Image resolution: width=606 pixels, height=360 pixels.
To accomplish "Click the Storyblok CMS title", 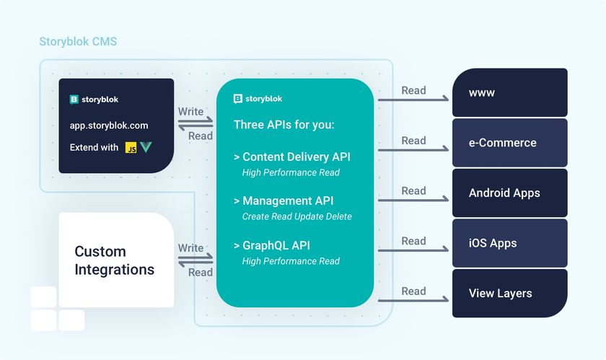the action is tap(78, 41).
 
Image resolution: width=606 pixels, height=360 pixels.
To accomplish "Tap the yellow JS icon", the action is tap(131, 148).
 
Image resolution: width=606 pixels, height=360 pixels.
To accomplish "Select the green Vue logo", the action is tap(146, 147).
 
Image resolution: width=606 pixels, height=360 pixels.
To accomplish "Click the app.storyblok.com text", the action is tap(109, 126).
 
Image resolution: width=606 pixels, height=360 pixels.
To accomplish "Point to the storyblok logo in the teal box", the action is tap(258, 99).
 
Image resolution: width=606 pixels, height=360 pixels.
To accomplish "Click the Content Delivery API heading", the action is tap(292, 157).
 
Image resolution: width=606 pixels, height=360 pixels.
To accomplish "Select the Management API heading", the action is tap(284, 201).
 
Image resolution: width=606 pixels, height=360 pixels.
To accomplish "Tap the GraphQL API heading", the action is tap(272, 245).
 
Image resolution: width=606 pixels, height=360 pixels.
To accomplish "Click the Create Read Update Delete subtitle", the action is tap(297, 216).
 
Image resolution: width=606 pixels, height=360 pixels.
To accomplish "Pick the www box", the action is tap(510, 92).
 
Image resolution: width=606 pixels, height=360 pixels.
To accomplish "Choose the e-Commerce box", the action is tap(510, 143).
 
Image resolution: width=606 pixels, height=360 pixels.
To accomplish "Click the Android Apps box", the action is tap(510, 193).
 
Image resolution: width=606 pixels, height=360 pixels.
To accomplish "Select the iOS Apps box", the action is tap(510, 243).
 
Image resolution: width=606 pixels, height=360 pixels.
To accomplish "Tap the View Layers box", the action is tap(510, 294).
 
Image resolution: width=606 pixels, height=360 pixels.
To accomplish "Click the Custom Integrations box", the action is tap(116, 260).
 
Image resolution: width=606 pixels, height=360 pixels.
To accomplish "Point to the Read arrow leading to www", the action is tap(413, 100).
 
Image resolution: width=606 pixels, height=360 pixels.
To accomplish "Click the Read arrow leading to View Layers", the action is tap(413, 300).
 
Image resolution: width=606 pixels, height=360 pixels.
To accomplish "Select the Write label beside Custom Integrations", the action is tap(190, 248).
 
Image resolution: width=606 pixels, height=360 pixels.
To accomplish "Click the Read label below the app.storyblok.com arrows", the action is tap(201, 136).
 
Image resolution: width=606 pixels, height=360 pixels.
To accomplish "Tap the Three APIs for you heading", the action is tap(284, 125).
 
